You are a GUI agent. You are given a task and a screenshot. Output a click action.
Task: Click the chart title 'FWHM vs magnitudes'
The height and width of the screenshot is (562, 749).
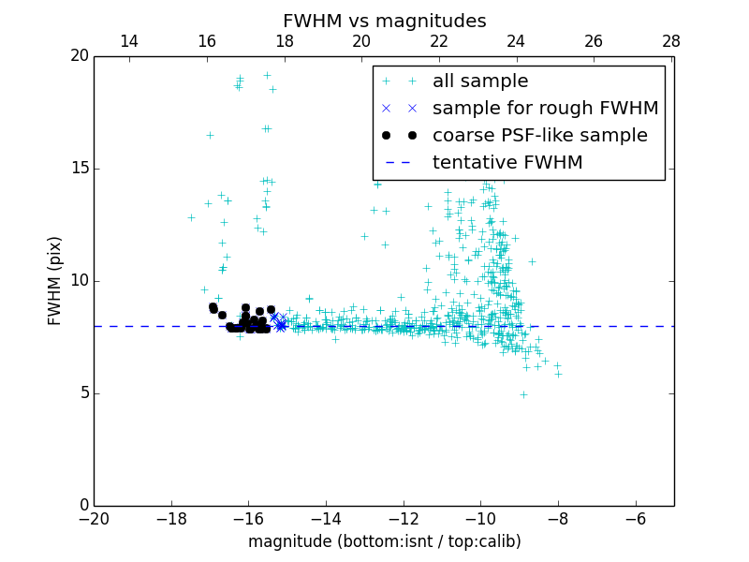(x=384, y=21)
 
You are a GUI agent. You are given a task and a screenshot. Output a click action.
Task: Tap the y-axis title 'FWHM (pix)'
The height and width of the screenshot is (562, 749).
(x=55, y=280)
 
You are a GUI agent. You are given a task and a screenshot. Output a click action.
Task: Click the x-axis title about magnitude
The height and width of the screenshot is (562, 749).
(x=384, y=541)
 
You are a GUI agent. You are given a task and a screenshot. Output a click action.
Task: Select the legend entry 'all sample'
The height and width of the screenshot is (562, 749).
(x=479, y=81)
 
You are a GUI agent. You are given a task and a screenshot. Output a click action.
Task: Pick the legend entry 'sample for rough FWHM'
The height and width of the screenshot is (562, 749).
(x=545, y=109)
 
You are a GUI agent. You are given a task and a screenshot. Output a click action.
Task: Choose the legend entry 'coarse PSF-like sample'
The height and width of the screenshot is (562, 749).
(x=539, y=136)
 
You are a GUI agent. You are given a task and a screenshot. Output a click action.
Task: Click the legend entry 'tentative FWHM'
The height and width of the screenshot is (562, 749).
(x=507, y=163)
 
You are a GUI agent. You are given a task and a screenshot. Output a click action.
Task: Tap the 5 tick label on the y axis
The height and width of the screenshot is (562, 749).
(x=83, y=393)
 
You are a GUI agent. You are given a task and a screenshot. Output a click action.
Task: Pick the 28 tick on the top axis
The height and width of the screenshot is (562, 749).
(x=670, y=41)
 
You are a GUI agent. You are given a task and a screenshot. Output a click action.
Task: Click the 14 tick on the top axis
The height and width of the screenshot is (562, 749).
(x=129, y=41)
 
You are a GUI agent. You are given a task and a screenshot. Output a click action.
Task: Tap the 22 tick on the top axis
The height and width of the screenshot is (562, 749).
(x=438, y=41)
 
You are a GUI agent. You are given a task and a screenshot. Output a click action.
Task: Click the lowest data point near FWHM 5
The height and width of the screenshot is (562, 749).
(x=523, y=394)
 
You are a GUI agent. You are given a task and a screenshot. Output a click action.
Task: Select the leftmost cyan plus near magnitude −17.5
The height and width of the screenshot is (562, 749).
(x=191, y=217)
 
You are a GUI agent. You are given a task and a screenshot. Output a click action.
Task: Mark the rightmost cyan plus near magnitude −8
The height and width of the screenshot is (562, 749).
(x=558, y=374)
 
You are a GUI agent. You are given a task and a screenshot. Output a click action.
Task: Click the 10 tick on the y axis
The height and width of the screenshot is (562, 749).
(x=79, y=281)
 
